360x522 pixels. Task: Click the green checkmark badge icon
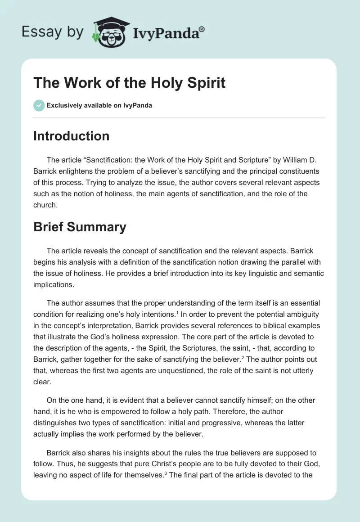39,105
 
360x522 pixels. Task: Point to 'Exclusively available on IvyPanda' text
99,106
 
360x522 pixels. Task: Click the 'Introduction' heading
72,136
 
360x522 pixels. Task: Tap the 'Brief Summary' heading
80,227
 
